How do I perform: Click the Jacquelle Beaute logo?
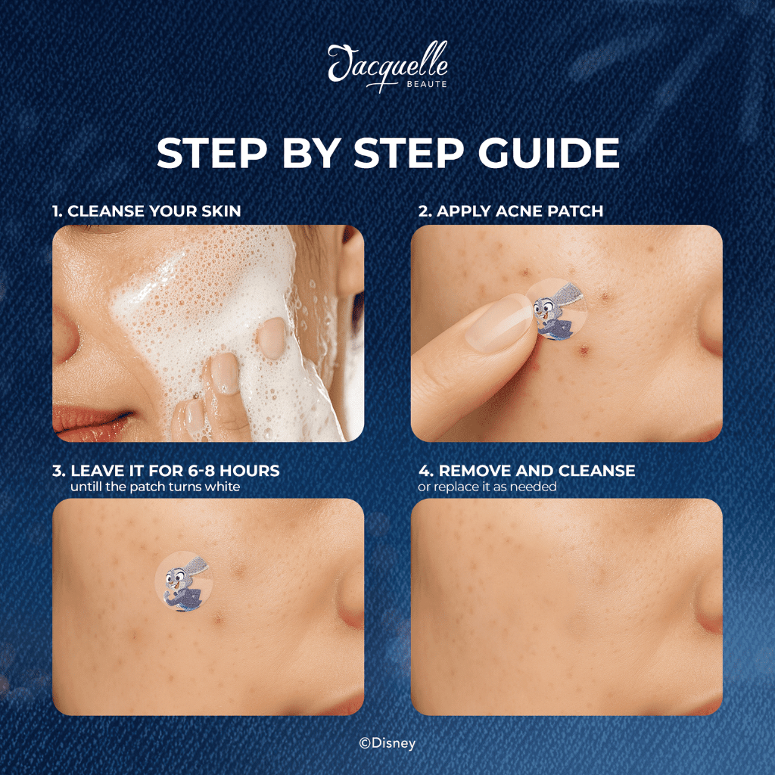coord(388,67)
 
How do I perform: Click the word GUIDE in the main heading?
coord(549,153)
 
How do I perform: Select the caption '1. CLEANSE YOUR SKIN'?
coord(147,211)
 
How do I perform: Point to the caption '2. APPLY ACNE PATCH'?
coord(511,211)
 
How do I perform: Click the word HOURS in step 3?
coord(249,471)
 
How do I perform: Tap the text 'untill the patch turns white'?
coord(155,487)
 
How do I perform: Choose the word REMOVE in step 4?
coord(472,471)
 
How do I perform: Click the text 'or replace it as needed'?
coord(487,487)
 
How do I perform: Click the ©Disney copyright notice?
coord(387,743)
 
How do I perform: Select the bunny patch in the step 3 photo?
coord(184,581)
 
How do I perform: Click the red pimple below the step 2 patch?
coord(584,351)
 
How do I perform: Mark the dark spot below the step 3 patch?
coord(217,618)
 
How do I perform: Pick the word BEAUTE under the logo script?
coord(427,85)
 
